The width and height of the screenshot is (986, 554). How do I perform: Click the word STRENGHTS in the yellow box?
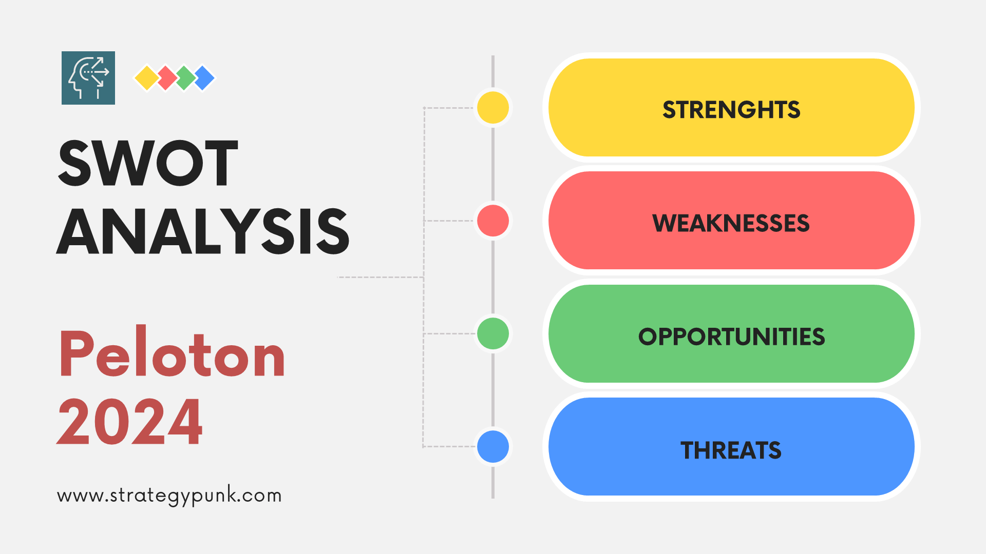pyautogui.click(x=731, y=110)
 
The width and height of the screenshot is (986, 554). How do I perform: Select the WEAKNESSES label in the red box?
pyautogui.click(x=731, y=223)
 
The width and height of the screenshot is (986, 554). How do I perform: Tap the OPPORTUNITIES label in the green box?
pyautogui.click(x=731, y=337)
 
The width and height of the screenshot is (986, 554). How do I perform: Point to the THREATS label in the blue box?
pyautogui.click(x=731, y=450)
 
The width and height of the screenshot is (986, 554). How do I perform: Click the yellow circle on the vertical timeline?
pyautogui.click(x=493, y=108)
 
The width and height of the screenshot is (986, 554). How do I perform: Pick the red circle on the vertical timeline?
pyautogui.click(x=493, y=221)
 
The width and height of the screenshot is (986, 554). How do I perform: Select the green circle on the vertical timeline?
pyautogui.click(x=493, y=333)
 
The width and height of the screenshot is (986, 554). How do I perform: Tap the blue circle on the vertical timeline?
pyautogui.click(x=493, y=446)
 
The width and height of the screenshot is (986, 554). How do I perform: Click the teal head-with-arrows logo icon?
pyautogui.click(x=88, y=78)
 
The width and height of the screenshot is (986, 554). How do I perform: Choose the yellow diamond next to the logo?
pyautogui.click(x=146, y=78)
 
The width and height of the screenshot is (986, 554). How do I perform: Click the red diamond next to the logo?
pyautogui.click(x=166, y=78)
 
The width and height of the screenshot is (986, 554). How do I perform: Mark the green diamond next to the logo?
pyautogui.click(x=185, y=78)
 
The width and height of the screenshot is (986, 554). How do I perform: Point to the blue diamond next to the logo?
pyautogui.click(x=204, y=78)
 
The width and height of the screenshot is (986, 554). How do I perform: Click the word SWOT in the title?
pyautogui.click(x=148, y=163)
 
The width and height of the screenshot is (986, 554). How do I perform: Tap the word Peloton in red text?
pyautogui.click(x=172, y=353)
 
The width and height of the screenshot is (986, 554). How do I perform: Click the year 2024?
pyautogui.click(x=130, y=422)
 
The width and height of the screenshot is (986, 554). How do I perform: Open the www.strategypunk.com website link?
pyautogui.click(x=169, y=496)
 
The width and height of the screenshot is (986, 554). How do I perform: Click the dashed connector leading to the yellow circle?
pyautogui.click(x=449, y=108)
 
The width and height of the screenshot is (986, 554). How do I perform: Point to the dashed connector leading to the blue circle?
pyautogui.click(x=449, y=446)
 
